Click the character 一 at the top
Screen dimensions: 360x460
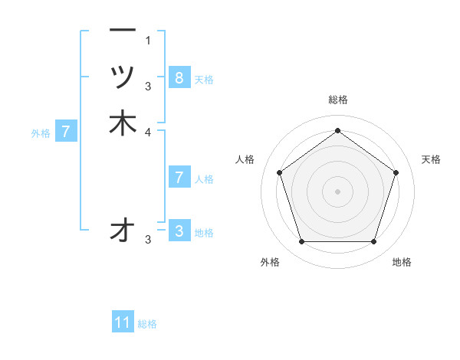[123, 31]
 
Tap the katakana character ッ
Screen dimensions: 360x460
[123, 77]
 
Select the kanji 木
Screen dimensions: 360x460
[123, 123]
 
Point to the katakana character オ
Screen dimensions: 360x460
[123, 230]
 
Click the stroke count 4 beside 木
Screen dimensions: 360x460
[149, 132]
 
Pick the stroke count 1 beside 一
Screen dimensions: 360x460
[149, 40]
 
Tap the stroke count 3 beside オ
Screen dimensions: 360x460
[149, 240]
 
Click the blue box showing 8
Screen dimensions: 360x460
[179, 77]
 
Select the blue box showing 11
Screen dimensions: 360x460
[123, 322]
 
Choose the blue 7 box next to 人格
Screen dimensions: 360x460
[179, 178]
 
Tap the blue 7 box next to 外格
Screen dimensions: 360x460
[67, 132]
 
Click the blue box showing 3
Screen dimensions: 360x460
[179, 231]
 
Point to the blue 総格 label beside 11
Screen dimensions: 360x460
[147, 324]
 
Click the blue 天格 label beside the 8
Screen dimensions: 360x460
[204, 79]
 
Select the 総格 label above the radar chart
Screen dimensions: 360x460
[337, 100]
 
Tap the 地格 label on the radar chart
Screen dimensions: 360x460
[402, 262]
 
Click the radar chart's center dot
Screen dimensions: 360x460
[337, 190]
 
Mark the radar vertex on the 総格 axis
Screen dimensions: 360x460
[337, 129]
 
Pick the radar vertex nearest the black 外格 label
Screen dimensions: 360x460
[301, 242]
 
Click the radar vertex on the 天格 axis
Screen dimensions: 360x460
[396, 172]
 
